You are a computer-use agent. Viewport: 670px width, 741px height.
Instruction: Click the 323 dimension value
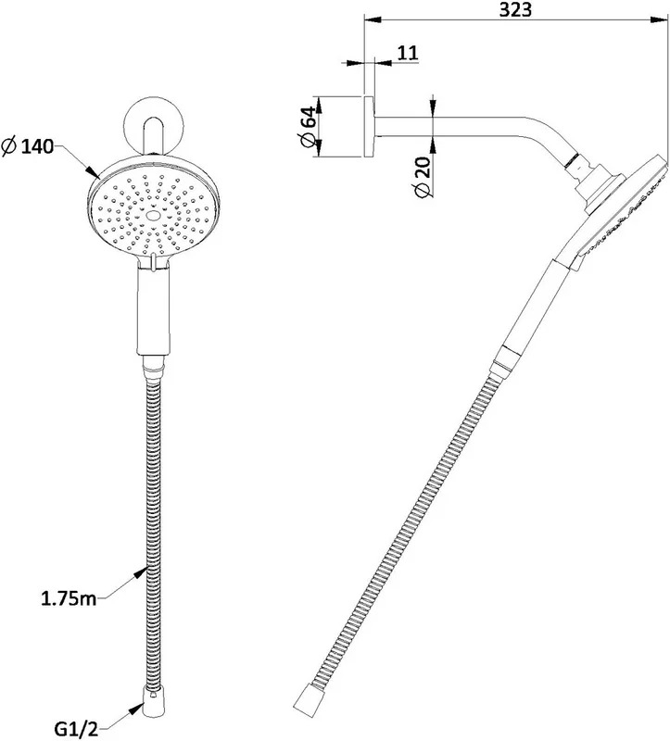515,9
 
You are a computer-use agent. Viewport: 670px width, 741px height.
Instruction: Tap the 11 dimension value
407,53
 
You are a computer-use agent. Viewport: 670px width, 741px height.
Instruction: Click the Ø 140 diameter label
28,146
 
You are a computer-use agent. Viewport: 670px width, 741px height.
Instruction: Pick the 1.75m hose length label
69,598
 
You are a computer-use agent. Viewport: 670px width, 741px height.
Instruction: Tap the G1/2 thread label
76,730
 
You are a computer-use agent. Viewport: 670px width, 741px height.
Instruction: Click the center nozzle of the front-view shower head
153,216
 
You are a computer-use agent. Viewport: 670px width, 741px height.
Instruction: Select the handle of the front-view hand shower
153,310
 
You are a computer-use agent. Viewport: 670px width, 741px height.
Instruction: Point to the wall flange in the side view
369,127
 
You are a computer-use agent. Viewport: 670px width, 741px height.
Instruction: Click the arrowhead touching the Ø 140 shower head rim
93,171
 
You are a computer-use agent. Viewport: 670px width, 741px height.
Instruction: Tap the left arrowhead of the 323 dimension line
373,19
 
